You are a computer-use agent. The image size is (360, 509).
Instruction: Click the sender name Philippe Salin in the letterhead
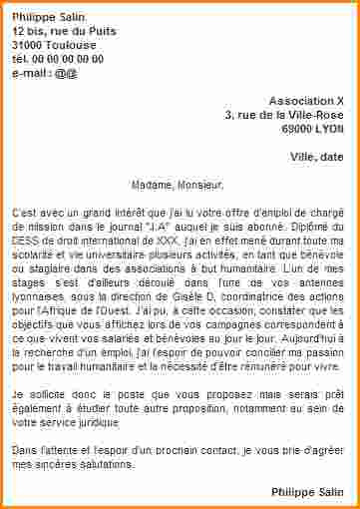coord(49,17)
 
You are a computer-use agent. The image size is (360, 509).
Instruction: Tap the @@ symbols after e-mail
coord(66,73)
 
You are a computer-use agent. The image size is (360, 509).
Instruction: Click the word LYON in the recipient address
coord(328,129)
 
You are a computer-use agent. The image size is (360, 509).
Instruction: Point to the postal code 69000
coord(295,129)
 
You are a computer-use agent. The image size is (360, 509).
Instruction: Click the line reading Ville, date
coord(316,157)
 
